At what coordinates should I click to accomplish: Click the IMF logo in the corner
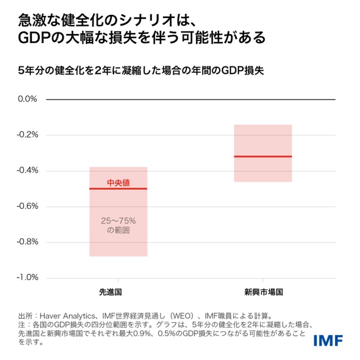point(327,340)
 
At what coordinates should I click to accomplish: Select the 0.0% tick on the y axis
point(27,99)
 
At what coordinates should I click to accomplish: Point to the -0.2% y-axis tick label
point(27,135)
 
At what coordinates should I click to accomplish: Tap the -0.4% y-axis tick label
point(27,171)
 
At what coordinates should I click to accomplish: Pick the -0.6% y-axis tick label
point(27,206)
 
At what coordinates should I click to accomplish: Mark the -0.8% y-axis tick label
point(27,242)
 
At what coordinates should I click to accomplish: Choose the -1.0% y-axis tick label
point(27,278)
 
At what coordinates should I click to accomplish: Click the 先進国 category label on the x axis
point(118,292)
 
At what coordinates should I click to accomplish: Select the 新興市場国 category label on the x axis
point(263,292)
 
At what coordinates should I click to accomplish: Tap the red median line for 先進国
point(118,189)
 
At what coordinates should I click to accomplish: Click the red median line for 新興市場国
point(263,156)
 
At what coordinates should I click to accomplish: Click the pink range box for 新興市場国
point(263,139)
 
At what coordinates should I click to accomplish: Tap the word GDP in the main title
point(33,38)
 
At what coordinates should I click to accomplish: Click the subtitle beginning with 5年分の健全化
point(141,70)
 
